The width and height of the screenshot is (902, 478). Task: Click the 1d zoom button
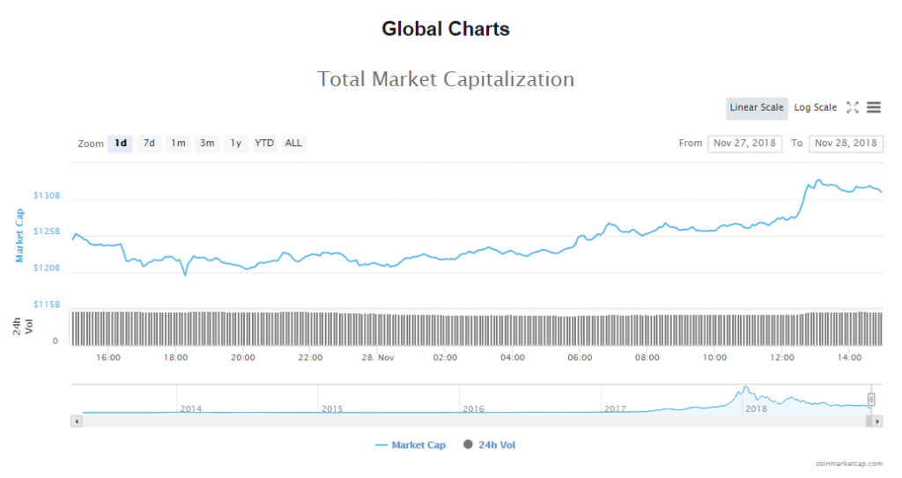coord(121,143)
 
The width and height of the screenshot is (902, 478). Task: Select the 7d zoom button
coord(150,143)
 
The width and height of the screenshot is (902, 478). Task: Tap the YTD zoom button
coord(264,143)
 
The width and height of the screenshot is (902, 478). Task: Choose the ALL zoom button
coord(293,143)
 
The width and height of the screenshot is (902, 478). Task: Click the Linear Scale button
coord(757,107)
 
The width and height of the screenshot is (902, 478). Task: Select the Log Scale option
coord(815,107)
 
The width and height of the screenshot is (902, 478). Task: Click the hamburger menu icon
coord(874,107)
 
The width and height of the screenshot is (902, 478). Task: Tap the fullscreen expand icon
coord(852,107)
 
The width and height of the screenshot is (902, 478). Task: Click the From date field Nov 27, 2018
coord(744,143)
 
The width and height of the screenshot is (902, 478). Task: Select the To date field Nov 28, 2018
coord(846,143)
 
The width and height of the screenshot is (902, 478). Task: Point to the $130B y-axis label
coord(46,195)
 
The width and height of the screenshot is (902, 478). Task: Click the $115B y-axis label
coord(46,304)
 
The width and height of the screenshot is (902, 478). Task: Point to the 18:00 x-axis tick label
coord(175,357)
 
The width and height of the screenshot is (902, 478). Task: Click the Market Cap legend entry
coord(410,445)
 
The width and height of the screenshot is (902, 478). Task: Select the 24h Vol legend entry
coord(489,445)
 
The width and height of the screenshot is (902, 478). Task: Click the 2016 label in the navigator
coord(474,408)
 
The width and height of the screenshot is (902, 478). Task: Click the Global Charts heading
coord(446,29)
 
